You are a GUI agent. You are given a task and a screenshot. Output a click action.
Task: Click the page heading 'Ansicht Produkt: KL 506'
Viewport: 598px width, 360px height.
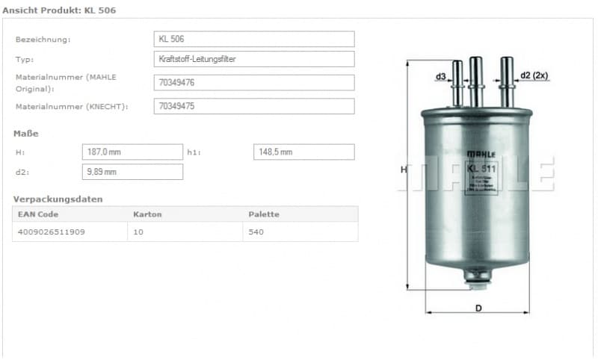pyautogui.click(x=59, y=10)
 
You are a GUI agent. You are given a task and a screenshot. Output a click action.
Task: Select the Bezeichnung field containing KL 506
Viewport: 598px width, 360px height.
pyautogui.click(x=253, y=39)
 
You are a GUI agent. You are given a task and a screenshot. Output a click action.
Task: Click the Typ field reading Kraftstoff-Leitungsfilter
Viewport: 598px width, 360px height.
pyautogui.click(x=253, y=59)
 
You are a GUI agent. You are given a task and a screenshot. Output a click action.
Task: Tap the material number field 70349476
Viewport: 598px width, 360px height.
pyautogui.click(x=253, y=82)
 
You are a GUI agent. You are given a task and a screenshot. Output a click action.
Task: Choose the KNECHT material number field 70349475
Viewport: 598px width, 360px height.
pyautogui.click(x=253, y=106)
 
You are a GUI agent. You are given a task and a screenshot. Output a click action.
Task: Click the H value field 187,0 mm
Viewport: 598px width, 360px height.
pyautogui.click(x=132, y=152)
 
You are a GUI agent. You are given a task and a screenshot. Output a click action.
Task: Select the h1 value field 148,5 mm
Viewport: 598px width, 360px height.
pyautogui.click(x=303, y=152)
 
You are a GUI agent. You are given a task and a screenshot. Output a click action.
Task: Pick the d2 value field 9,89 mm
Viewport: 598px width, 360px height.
pyautogui.click(x=132, y=172)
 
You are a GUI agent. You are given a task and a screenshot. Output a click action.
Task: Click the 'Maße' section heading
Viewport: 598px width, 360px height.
pyautogui.click(x=25, y=134)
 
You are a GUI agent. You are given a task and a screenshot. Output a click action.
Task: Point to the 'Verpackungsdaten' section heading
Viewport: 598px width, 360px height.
pyautogui.click(x=58, y=199)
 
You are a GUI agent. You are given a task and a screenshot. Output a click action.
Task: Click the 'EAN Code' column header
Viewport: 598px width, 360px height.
pyautogui.click(x=38, y=214)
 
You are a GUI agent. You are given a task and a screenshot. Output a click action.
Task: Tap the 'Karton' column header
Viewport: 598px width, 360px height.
pyautogui.click(x=147, y=214)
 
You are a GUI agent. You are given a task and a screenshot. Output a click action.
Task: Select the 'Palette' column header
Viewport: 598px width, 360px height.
pyautogui.click(x=264, y=214)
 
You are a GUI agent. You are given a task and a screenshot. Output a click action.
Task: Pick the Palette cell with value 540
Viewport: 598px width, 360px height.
pyautogui.click(x=256, y=232)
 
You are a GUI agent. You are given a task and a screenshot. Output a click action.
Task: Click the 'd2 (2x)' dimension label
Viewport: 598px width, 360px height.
pyautogui.click(x=535, y=75)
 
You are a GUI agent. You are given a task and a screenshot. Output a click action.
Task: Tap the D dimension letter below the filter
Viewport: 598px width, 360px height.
pyautogui.click(x=478, y=308)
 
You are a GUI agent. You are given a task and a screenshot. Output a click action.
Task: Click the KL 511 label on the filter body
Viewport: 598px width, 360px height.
pyautogui.click(x=481, y=168)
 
